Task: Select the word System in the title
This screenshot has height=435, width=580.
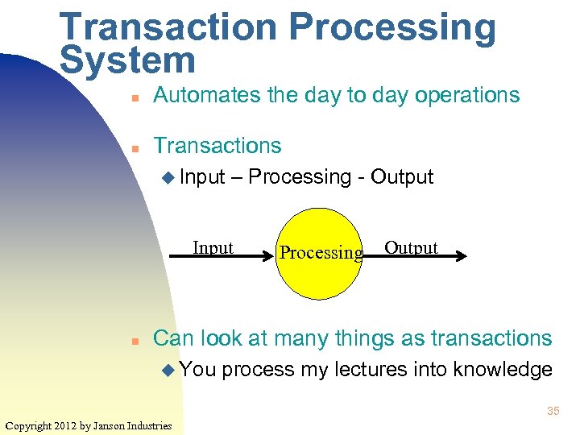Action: pyautogui.click(x=127, y=61)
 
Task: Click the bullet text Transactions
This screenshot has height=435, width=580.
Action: pyautogui.click(x=217, y=146)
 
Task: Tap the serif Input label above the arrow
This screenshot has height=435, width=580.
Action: pyautogui.click(x=213, y=247)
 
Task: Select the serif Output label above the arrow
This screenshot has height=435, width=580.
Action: pyautogui.click(x=411, y=247)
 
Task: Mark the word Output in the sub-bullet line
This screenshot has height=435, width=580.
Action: pyautogui.click(x=402, y=176)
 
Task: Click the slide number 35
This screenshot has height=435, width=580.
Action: pyautogui.click(x=553, y=412)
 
